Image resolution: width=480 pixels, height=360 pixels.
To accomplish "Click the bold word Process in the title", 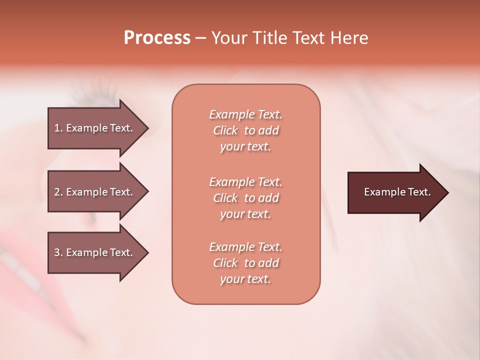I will (157, 38).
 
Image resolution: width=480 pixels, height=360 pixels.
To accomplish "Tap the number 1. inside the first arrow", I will (58, 128).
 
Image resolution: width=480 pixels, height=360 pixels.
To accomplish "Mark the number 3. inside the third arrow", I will (58, 252).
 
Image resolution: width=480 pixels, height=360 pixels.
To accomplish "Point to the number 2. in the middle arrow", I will (58, 192).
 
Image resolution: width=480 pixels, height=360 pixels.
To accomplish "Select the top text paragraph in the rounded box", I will (245, 130).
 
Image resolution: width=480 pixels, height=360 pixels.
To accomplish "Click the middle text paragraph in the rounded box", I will (245, 198).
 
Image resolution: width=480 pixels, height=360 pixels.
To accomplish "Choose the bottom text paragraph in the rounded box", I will (245, 263).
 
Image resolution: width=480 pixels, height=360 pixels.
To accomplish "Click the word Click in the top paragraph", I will (225, 130).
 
